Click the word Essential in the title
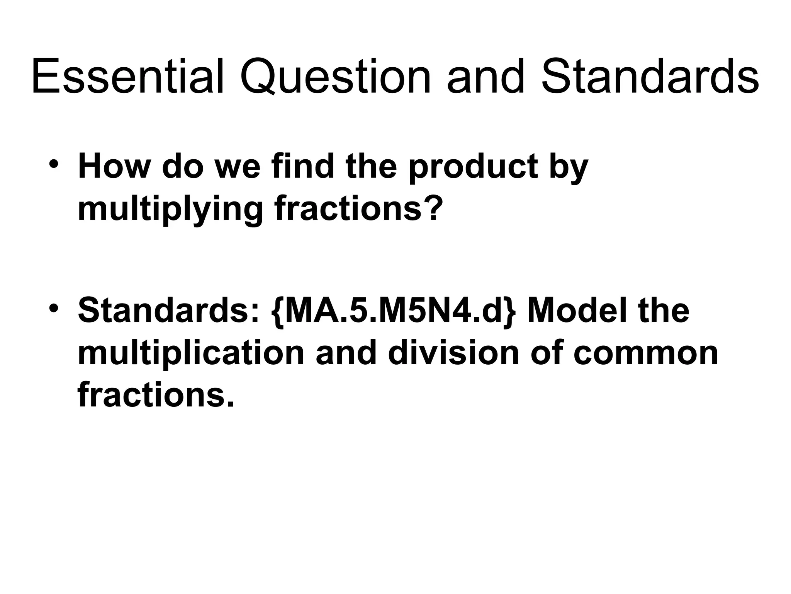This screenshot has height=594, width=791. click(x=127, y=76)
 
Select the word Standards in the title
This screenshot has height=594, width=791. click(x=650, y=76)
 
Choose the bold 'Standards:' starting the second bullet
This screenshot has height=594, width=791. click(x=168, y=311)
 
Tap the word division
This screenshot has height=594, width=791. click(x=454, y=353)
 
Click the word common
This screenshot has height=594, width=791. click(x=645, y=354)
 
